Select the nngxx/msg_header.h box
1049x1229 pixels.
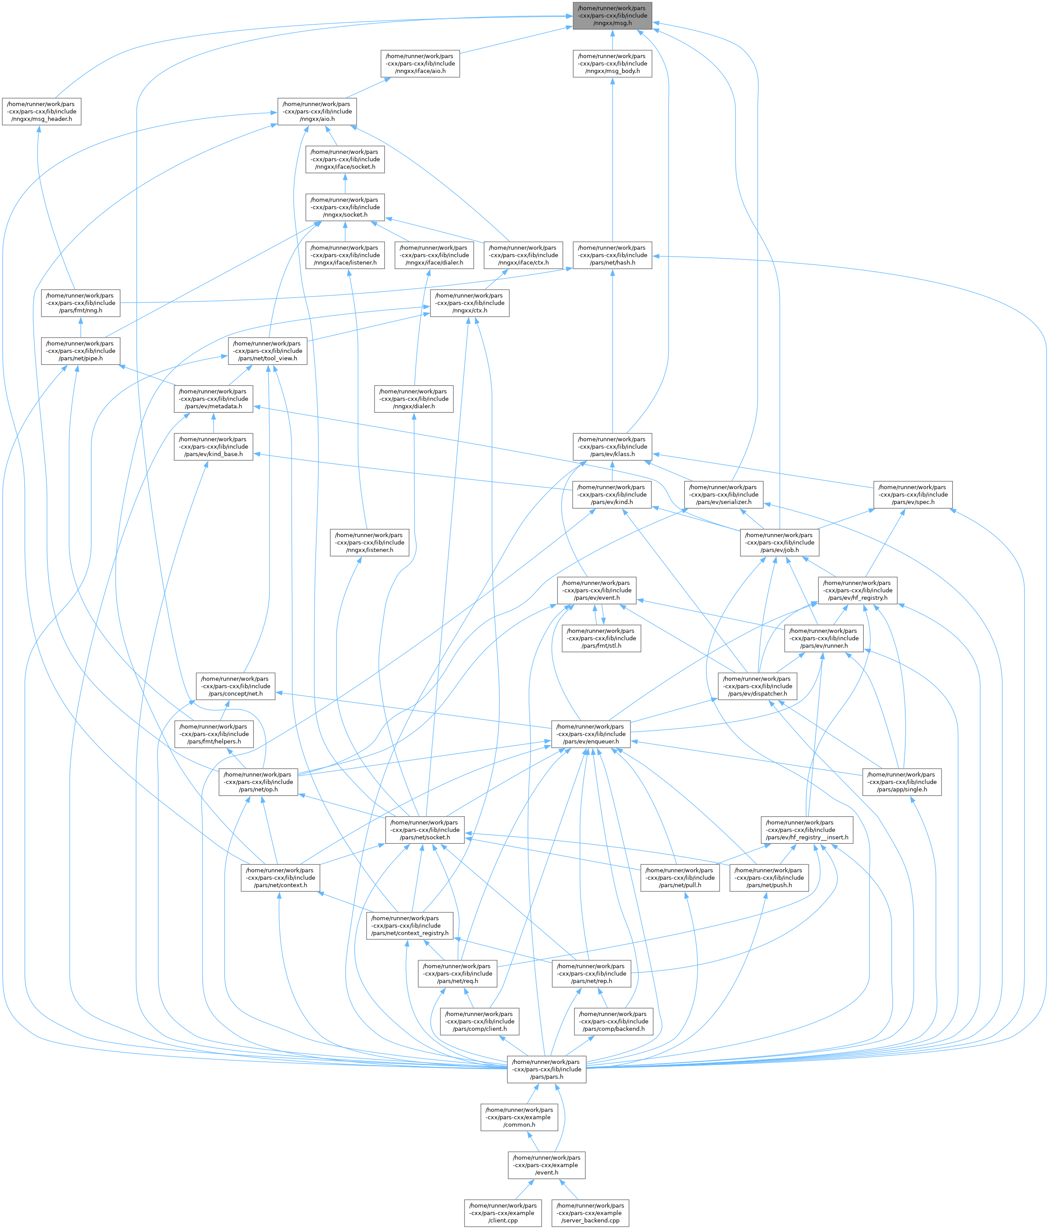(x=42, y=111)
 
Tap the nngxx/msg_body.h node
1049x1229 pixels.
(x=612, y=63)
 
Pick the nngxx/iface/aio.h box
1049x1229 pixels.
(x=420, y=63)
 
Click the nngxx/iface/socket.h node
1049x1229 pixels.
(x=345, y=159)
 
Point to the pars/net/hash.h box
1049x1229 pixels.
(x=612, y=255)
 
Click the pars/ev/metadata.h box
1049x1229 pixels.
(x=214, y=399)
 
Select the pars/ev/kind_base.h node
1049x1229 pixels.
(x=214, y=447)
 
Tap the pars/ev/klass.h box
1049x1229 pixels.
(x=612, y=447)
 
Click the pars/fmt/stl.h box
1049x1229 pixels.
(x=602, y=638)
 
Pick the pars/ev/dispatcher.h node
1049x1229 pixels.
(x=758, y=686)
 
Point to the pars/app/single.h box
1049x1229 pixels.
(x=902, y=782)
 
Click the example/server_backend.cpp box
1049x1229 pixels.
(x=590, y=1213)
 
